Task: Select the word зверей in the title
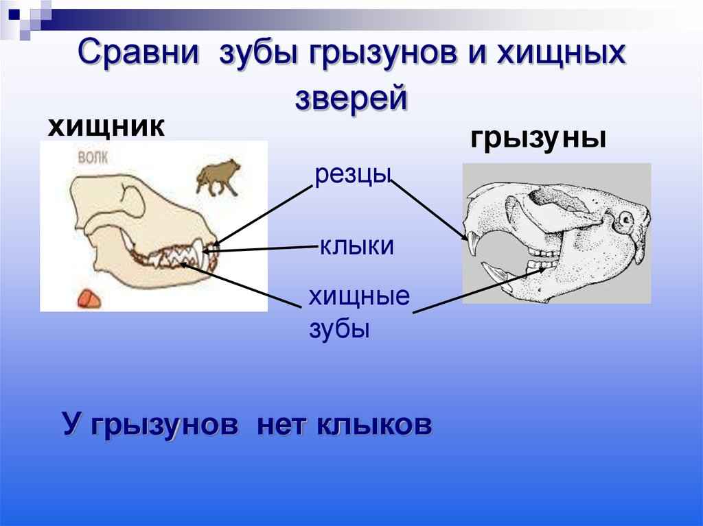351,97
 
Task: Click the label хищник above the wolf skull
105,127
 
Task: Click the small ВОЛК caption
91,156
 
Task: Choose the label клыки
356,246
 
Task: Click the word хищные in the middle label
358,298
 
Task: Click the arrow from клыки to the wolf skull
268,250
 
